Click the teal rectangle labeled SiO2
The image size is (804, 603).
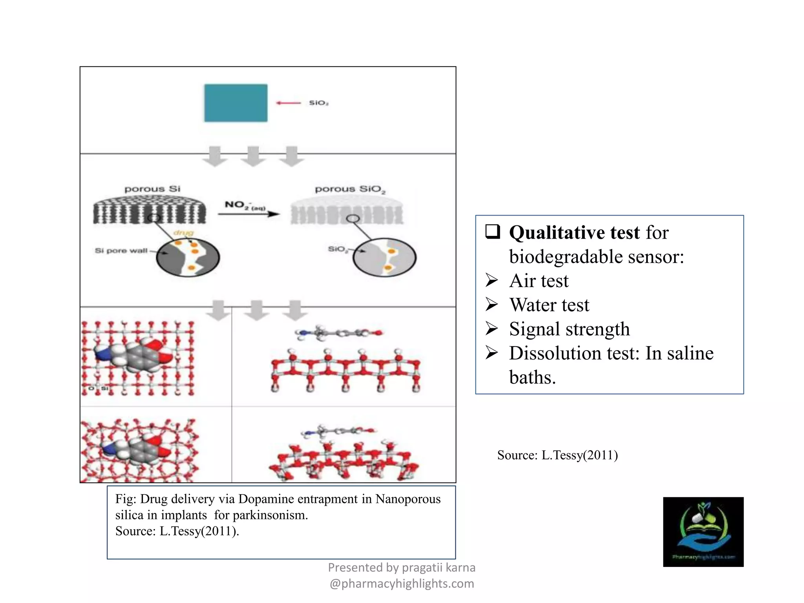click(x=236, y=103)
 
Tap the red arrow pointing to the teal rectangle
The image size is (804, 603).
click(x=288, y=103)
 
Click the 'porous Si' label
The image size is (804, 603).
click(x=152, y=189)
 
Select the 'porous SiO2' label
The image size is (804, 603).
click(x=350, y=189)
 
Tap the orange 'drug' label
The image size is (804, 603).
click(x=183, y=233)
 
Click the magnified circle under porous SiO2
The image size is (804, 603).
click(x=384, y=258)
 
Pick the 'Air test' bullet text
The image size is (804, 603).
click(x=539, y=281)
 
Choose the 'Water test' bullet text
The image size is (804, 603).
click(x=549, y=305)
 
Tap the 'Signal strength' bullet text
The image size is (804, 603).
click(x=569, y=329)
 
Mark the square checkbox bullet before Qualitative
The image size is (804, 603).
click(x=493, y=232)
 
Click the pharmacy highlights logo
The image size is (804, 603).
click(x=703, y=532)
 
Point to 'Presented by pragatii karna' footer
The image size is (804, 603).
click(x=402, y=567)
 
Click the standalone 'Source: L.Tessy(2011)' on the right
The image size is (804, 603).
click(x=557, y=455)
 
